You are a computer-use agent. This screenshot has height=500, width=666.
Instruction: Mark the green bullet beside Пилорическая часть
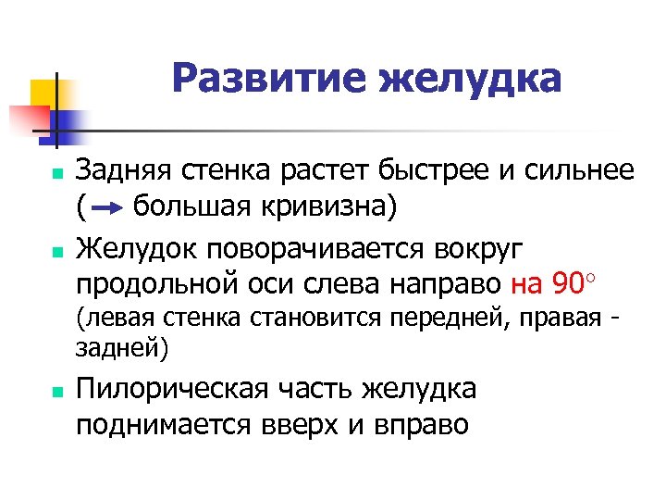click(x=57, y=392)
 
